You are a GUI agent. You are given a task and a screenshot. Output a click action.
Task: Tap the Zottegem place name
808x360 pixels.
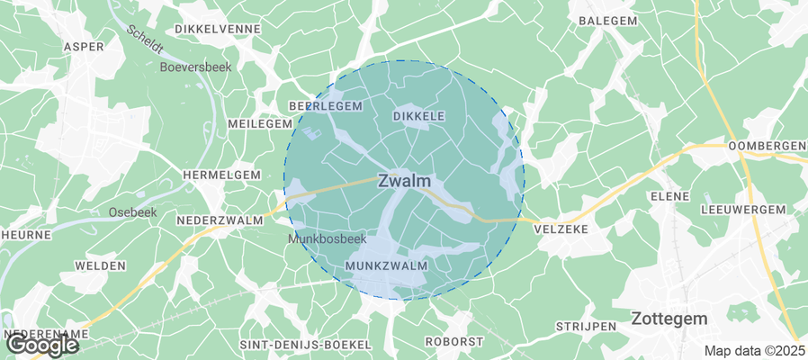(669, 319)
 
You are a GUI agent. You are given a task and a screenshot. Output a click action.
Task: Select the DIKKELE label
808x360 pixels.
(419, 116)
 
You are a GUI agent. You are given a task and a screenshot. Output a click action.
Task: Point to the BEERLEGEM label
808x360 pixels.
(325, 105)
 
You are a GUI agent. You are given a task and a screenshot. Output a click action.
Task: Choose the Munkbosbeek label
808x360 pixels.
(327, 239)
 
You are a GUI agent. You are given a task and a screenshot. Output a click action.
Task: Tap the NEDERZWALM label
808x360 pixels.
(221, 219)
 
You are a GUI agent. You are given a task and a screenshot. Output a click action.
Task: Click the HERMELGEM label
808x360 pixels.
(221, 175)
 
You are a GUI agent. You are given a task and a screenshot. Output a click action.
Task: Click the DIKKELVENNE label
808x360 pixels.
(218, 29)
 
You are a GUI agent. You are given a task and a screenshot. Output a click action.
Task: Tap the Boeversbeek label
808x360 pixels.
(195, 67)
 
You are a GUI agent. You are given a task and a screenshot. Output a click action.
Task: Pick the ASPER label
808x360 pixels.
(84, 46)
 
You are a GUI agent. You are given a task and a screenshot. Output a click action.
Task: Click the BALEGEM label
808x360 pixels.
(608, 20)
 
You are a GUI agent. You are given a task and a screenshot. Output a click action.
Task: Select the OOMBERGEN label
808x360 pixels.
(767, 146)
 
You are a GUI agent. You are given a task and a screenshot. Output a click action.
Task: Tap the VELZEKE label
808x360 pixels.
(561, 229)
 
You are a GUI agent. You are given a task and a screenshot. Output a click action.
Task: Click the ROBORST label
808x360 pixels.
(454, 342)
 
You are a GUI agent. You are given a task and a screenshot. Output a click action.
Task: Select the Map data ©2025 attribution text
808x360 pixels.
(754, 350)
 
